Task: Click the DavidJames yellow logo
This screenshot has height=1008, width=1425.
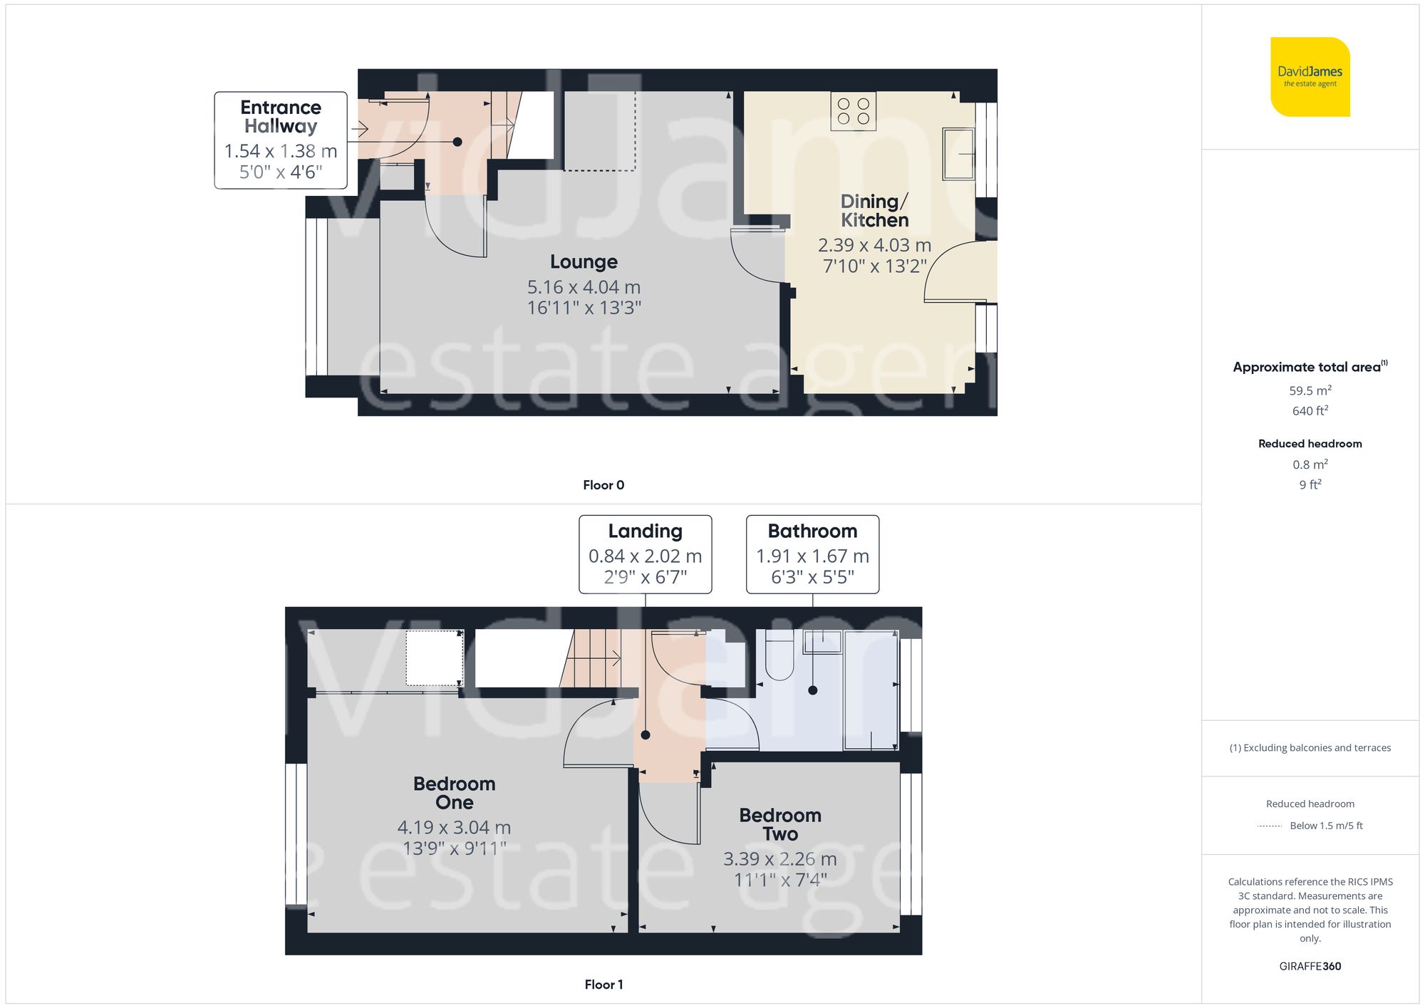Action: (x=1310, y=77)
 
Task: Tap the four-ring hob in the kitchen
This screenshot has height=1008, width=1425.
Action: (x=853, y=111)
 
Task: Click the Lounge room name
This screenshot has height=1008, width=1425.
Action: (x=584, y=261)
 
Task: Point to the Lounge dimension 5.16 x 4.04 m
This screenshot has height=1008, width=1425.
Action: (x=584, y=287)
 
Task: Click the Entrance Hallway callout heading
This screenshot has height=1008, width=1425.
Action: (x=281, y=117)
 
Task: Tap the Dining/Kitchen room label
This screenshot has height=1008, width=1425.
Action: (x=874, y=211)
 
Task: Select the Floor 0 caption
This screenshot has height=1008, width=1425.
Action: (x=603, y=485)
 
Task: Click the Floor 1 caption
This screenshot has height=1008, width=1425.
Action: (x=603, y=984)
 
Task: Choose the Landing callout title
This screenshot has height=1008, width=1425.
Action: (x=645, y=531)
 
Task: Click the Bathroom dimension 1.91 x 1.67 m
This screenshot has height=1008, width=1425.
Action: (x=812, y=556)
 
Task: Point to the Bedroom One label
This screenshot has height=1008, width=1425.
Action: (x=454, y=793)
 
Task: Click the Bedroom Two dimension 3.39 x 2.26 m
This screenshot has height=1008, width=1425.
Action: (x=779, y=859)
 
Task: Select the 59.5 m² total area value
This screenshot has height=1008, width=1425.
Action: (x=1310, y=390)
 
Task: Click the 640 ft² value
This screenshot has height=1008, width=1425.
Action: (x=1310, y=411)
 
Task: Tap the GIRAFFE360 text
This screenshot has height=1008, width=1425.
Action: (x=1310, y=966)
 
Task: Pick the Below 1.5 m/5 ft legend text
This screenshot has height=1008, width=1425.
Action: (x=1326, y=826)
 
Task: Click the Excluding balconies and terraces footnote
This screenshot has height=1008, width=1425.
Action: (x=1310, y=748)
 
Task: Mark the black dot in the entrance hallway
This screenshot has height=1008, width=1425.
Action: (x=457, y=142)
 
